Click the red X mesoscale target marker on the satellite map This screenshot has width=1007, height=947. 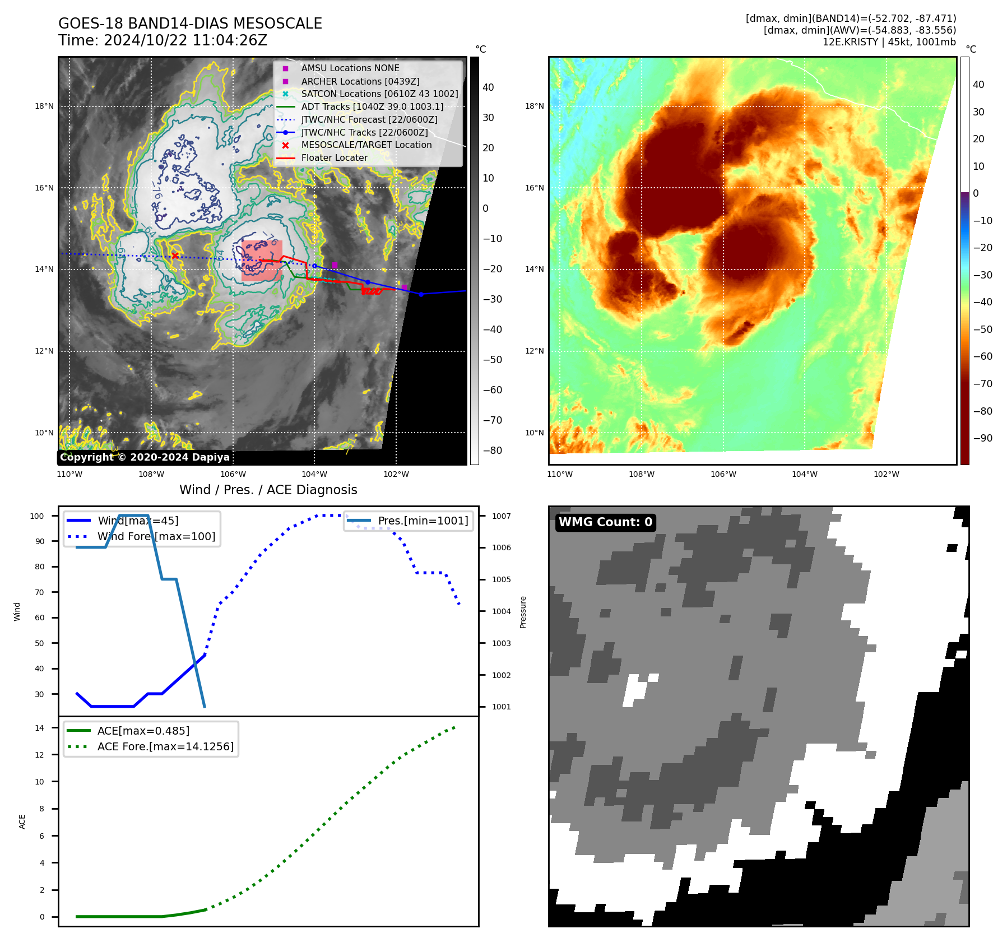pyautogui.click(x=175, y=256)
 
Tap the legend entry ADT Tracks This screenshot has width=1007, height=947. pyautogui.click(x=372, y=106)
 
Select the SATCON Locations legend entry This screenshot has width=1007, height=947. pyautogui.click(x=379, y=94)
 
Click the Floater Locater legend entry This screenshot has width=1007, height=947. pyautogui.click(x=334, y=157)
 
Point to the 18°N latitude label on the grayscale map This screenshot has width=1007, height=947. pyautogui.click(x=44, y=106)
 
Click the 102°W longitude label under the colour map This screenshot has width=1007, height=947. pyautogui.click(x=886, y=474)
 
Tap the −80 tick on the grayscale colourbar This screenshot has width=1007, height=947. pyautogui.click(x=493, y=450)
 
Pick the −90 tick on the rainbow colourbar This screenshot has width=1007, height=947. pyautogui.click(x=982, y=438)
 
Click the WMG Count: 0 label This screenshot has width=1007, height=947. pyautogui.click(x=605, y=522)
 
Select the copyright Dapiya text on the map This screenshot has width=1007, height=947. pyautogui.click(x=145, y=457)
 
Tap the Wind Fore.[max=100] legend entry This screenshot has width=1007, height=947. pyautogui.click(x=156, y=536)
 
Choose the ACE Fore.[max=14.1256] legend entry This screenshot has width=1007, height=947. pyautogui.click(x=165, y=746)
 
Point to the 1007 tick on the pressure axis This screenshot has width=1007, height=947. pyautogui.click(x=501, y=516)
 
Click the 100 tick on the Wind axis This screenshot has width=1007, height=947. pyautogui.click(x=37, y=516)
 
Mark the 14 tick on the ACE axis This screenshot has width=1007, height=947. pyautogui.click(x=39, y=728)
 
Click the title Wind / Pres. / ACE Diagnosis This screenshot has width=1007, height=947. pyautogui.click(x=268, y=490)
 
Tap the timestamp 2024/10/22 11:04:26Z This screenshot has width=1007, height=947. pyautogui.click(x=185, y=40)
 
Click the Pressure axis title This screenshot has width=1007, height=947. pyautogui.click(x=523, y=612)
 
